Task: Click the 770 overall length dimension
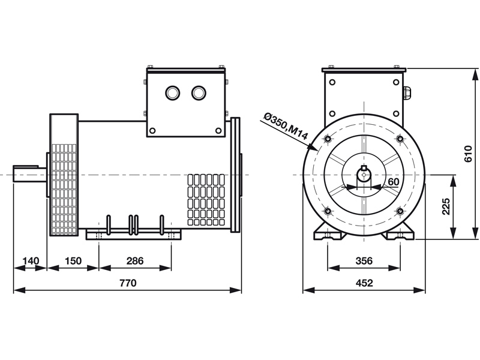(128, 283)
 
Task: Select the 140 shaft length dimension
(31, 261)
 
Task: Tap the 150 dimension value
(73, 261)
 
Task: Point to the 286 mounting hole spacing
(135, 261)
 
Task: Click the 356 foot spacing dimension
(364, 261)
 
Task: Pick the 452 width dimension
(364, 283)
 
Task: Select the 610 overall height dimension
(469, 154)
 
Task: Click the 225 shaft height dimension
(446, 206)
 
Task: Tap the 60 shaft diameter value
(394, 182)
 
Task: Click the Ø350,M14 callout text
(286, 127)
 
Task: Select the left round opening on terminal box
(172, 93)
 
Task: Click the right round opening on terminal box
(199, 93)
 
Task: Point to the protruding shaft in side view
(29, 173)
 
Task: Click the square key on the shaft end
(364, 168)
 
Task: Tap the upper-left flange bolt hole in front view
(328, 139)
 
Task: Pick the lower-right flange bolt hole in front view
(400, 211)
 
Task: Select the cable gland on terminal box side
(407, 93)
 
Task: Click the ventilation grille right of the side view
(206, 200)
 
